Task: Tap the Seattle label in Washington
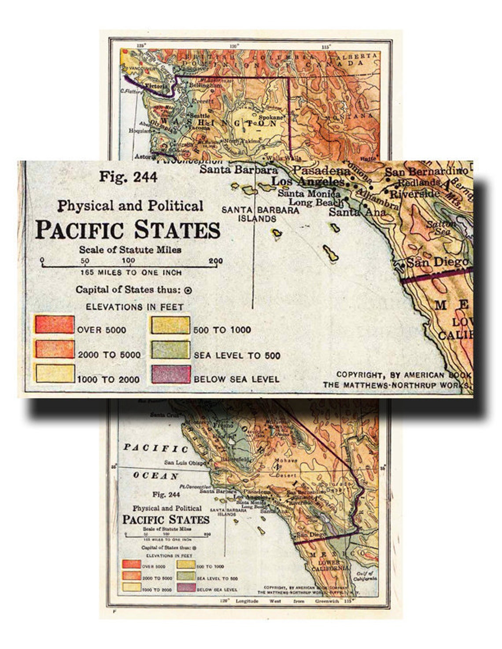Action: click(x=199, y=116)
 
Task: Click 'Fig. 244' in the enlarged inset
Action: click(x=128, y=177)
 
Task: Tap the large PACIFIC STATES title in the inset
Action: click(x=128, y=230)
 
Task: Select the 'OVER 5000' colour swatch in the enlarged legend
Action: click(x=55, y=325)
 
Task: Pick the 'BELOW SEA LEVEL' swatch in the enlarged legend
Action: click(x=171, y=374)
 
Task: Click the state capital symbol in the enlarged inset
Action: click(x=188, y=290)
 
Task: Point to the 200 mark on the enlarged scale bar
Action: click(x=216, y=261)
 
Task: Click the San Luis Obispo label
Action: click(x=185, y=462)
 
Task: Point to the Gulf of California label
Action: click(x=365, y=576)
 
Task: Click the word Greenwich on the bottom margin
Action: click(x=327, y=601)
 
